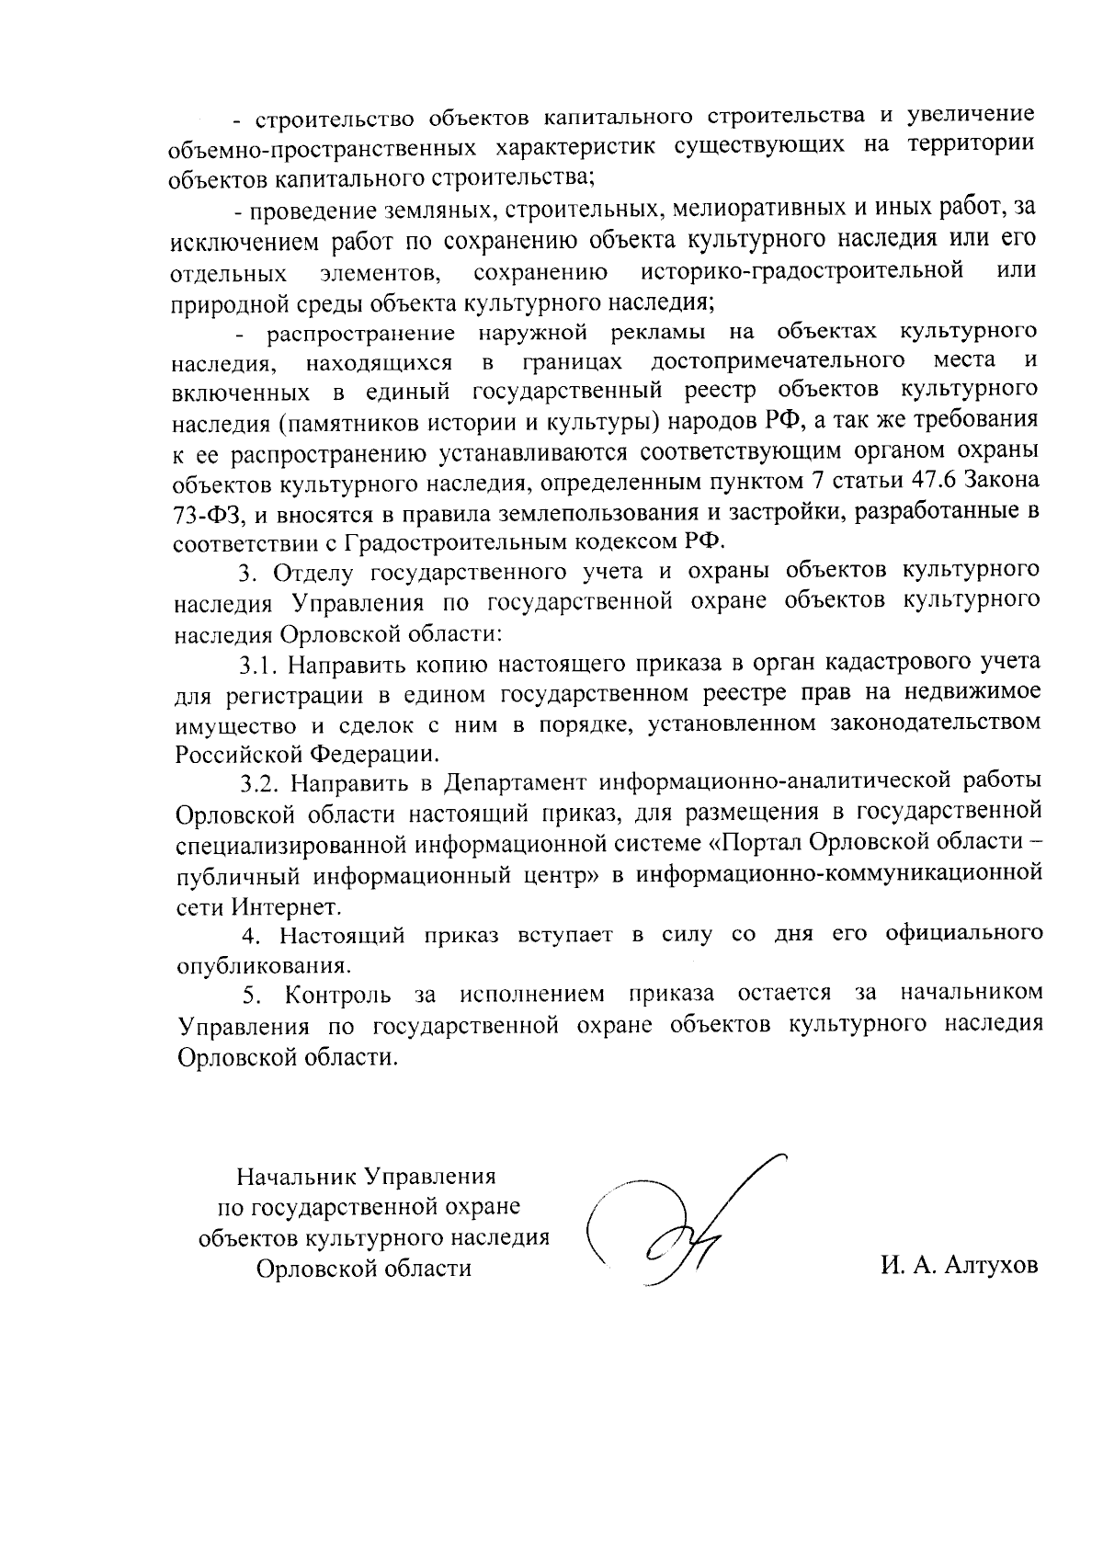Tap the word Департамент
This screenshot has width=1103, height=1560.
514,783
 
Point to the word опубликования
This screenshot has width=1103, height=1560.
264,966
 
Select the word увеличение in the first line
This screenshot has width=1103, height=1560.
972,116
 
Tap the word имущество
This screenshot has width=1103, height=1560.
232,723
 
